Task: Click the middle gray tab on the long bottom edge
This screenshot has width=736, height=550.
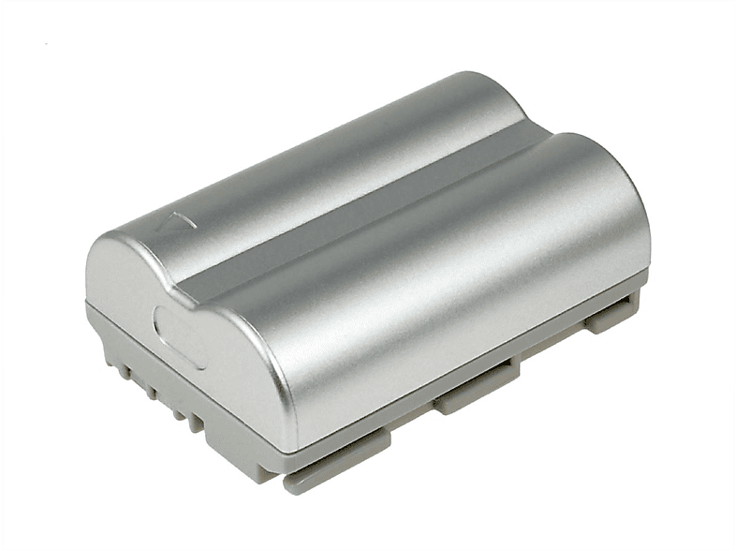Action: (x=477, y=384)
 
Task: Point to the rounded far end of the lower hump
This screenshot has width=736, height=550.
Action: (x=487, y=103)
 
